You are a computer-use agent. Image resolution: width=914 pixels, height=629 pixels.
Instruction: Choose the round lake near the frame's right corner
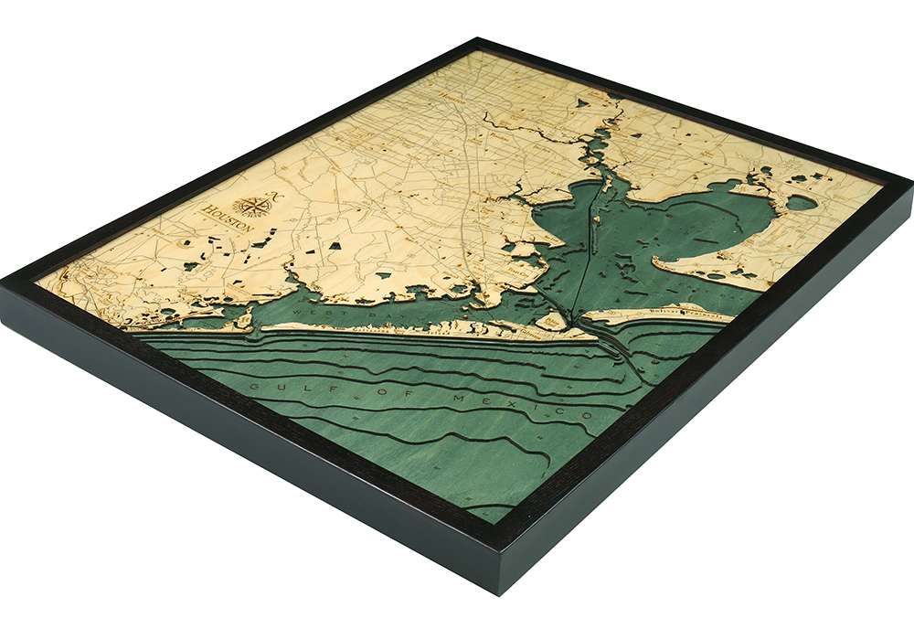pos(801,202)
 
